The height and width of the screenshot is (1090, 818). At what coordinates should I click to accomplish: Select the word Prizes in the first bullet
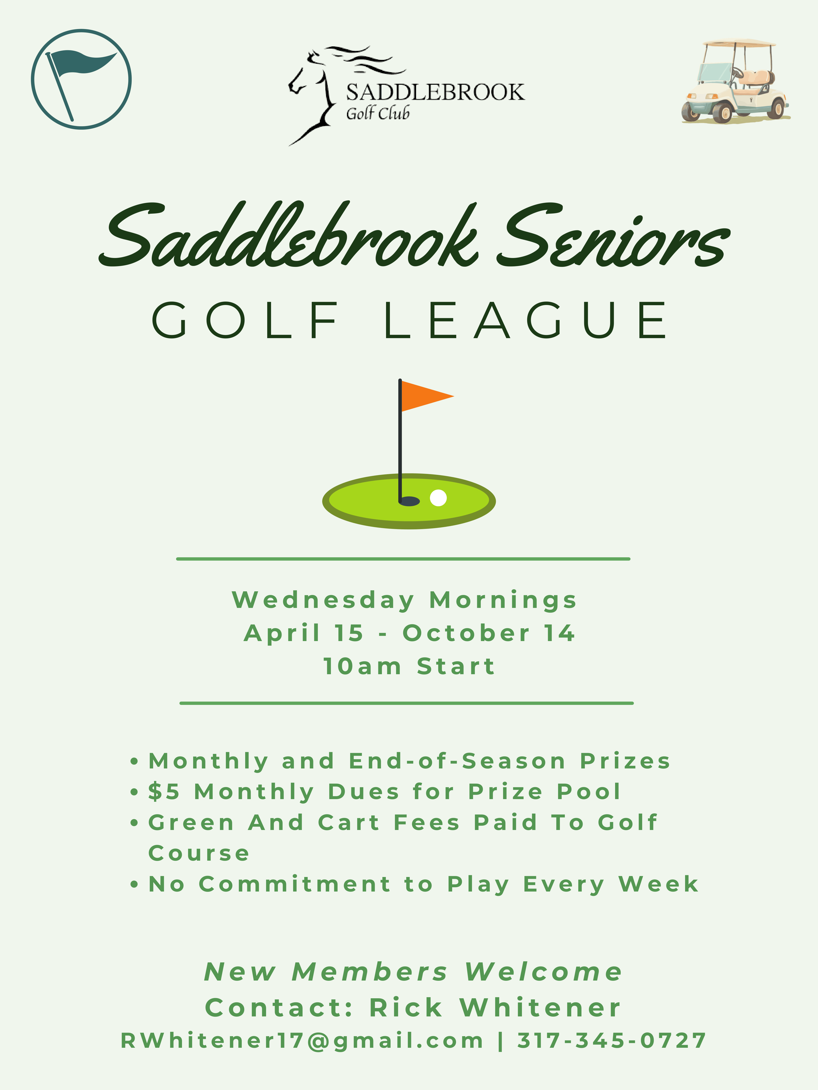pos(625,761)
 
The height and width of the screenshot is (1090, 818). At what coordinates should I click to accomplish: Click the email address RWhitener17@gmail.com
pos(302,1041)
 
